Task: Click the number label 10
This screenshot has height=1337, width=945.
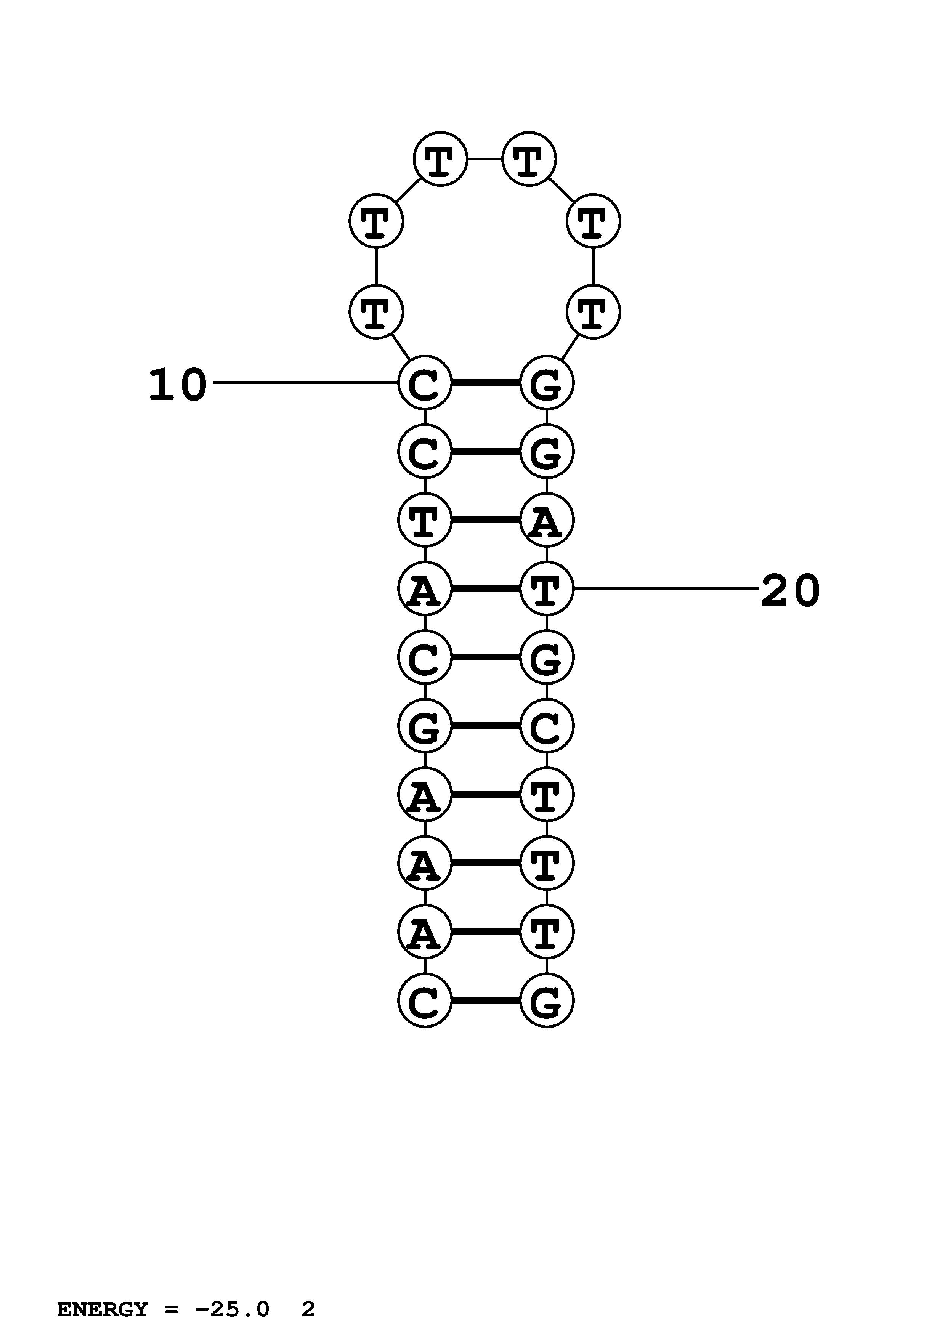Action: coord(178,385)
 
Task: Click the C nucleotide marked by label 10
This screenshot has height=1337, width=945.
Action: coord(424,383)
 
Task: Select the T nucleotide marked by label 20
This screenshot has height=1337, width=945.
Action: coord(546,589)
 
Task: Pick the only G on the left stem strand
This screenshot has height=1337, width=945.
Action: coord(424,726)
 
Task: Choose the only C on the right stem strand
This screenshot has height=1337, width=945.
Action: coord(546,726)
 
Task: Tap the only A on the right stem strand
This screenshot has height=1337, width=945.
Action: coord(546,520)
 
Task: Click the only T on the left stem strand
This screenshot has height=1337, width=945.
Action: coord(424,520)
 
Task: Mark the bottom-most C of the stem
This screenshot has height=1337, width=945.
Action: coord(424,1001)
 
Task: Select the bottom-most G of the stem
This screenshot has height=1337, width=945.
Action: coord(546,1001)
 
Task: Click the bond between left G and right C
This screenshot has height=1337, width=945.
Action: coord(486,726)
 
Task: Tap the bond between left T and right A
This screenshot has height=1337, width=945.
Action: coord(486,520)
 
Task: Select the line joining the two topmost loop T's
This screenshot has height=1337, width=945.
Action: coord(485,159)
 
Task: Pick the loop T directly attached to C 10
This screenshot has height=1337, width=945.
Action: coord(376,311)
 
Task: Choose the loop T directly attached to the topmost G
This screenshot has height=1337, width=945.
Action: coord(593,311)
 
